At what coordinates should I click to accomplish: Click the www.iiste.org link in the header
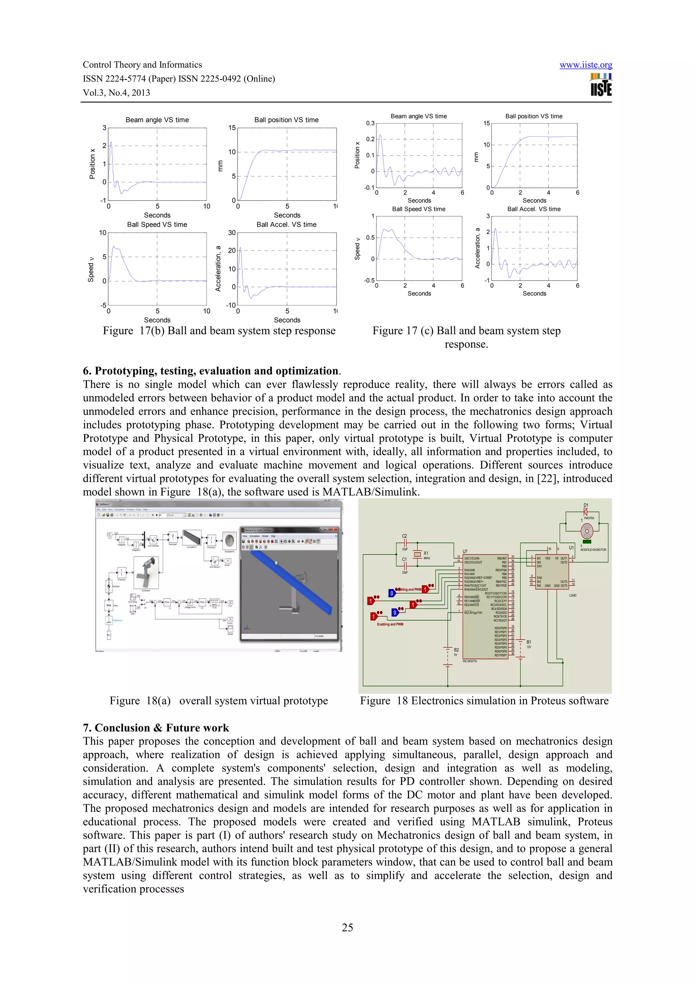585,65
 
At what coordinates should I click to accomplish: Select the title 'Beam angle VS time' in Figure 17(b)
157,120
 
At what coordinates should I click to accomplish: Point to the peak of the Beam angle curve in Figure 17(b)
111,143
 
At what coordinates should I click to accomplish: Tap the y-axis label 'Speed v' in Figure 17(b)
91,270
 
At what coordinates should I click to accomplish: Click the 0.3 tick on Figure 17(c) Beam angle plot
370,124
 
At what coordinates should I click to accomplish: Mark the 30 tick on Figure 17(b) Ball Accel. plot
232,233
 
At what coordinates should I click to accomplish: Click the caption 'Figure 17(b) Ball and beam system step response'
219,331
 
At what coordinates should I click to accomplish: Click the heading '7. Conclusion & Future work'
156,728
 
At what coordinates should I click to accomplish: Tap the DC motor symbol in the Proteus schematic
586,532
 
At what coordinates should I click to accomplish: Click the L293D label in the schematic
572,595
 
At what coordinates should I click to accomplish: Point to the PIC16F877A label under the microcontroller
470,661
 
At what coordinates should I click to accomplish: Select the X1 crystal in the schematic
417,554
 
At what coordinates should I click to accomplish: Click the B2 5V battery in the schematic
448,652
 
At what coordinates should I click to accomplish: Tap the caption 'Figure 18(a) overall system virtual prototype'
219,701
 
